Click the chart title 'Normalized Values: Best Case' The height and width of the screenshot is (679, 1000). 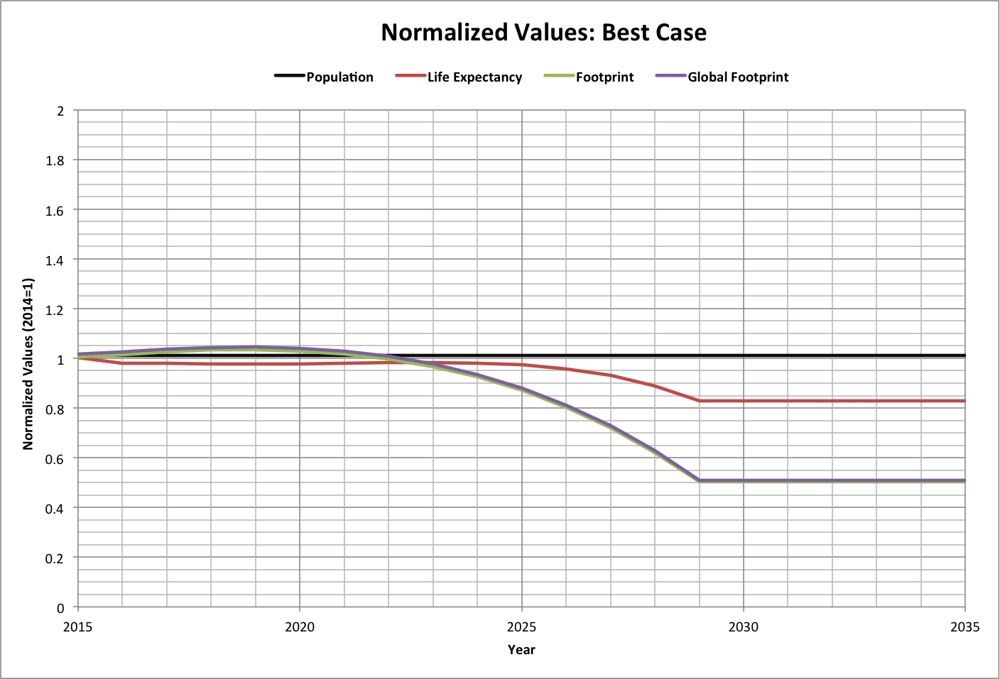tap(543, 33)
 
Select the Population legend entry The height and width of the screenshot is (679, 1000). tap(339, 77)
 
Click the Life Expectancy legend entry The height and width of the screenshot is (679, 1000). tap(474, 77)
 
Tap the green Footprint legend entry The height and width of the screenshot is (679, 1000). tap(604, 77)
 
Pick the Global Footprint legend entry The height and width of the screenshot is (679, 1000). tap(737, 77)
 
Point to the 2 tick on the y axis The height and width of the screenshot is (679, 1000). tap(61, 111)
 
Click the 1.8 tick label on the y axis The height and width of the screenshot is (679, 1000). tap(56, 160)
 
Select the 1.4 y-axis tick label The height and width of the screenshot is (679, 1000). tap(56, 260)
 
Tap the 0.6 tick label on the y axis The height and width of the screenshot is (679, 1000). tap(56, 458)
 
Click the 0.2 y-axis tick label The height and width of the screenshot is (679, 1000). tap(56, 558)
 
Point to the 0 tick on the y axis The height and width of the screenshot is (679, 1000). tap(61, 607)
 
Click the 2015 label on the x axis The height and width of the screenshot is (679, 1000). tap(77, 626)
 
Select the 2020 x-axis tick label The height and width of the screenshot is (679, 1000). tap(300, 626)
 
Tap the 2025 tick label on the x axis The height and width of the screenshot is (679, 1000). tap(522, 626)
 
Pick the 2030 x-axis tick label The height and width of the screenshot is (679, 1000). tap(744, 626)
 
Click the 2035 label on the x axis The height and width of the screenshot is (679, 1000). tap(964, 626)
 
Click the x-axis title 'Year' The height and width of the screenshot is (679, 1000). tap(521, 649)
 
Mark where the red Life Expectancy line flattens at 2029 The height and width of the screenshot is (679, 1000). tap(700, 401)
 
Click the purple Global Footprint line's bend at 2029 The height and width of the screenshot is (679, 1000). tap(700, 480)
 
